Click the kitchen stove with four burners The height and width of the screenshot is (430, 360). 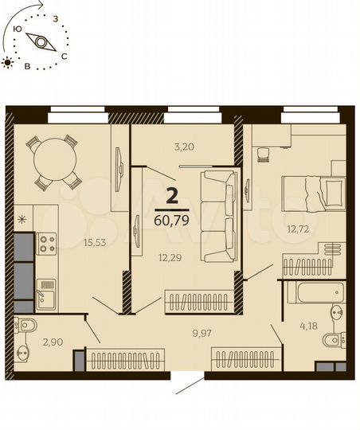pos(45,242)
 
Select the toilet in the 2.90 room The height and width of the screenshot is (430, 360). pos(26,325)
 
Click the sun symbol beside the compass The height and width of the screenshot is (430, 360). pos(8,61)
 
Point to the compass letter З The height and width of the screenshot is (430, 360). pos(55,15)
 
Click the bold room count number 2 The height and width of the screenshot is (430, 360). pos(172,192)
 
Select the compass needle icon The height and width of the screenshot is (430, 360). pos(38,41)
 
